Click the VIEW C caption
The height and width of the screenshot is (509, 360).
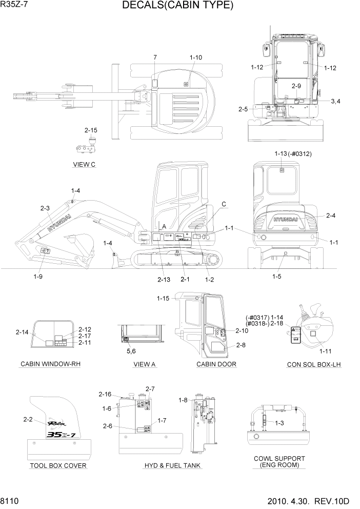pyautogui.click(x=85, y=165)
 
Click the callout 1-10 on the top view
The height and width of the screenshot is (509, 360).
pyautogui.click(x=195, y=57)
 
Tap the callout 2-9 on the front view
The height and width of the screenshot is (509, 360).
pyautogui.click(x=296, y=86)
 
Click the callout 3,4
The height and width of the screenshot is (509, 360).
pyautogui.click(x=335, y=101)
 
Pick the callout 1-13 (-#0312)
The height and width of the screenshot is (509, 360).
pyautogui.click(x=293, y=153)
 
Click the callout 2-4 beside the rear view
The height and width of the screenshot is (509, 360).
pyautogui.click(x=331, y=216)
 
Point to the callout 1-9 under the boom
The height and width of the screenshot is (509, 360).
pyautogui.click(x=38, y=277)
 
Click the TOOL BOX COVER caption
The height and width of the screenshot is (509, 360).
pyautogui.click(x=58, y=466)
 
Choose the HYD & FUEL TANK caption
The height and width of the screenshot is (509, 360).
pyautogui.click(x=172, y=465)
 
